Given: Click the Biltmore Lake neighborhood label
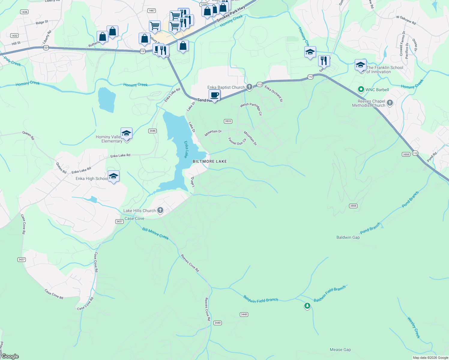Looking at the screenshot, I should pos(209,161).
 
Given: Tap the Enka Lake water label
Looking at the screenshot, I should pos(186,149).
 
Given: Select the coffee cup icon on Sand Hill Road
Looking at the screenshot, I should pos(214,95).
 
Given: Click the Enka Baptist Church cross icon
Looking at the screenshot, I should pos(249,87).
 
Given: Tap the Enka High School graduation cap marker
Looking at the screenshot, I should pos(113,176).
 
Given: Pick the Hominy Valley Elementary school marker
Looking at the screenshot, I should pos(126,133).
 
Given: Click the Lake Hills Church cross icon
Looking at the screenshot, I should pos(160,210).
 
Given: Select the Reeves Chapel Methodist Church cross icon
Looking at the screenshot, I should pos(390,103).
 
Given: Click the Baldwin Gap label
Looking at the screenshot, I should pos(348,237).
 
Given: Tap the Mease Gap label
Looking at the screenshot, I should pos(340,349).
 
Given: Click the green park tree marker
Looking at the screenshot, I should pos(307,306).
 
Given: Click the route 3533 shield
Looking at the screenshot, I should pos(228,121).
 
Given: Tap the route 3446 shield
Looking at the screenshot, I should pos(152,131).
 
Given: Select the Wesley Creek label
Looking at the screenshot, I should pos(413,328).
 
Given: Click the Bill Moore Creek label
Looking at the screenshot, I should pos(155,233).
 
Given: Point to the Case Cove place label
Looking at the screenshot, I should pos(134,218).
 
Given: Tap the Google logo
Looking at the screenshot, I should pos(10,356).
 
